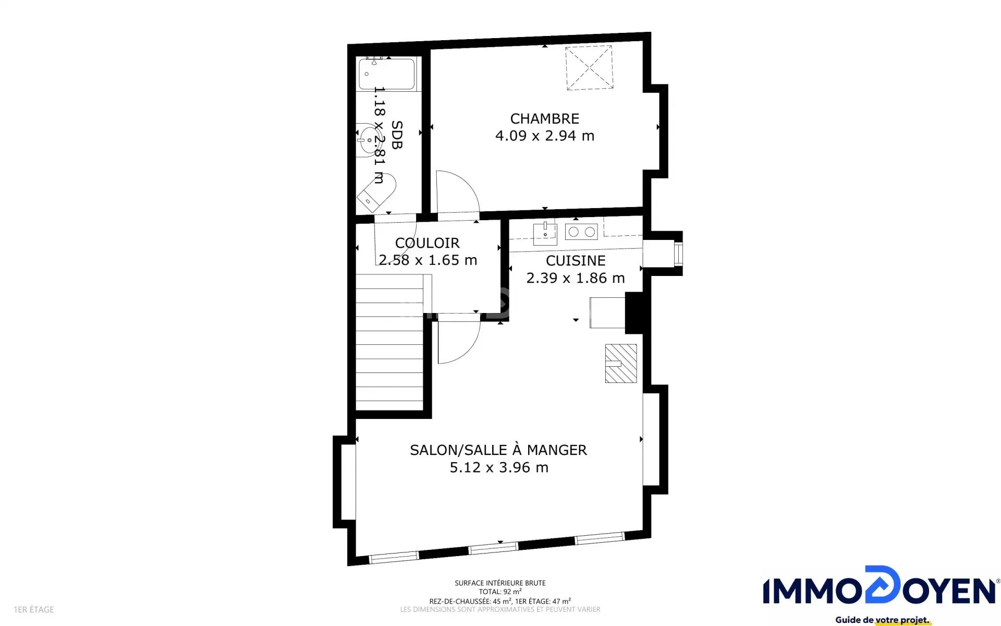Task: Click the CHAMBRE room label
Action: [544, 119]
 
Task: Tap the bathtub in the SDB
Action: [387, 74]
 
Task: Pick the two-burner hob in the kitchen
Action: [581, 232]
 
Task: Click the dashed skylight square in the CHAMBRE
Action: [589, 68]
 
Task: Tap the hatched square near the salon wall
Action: [621, 364]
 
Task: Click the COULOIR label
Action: [428, 243]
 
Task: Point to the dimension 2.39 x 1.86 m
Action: [576, 278]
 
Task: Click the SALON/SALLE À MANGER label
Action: [498, 450]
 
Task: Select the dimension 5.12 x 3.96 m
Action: [499, 467]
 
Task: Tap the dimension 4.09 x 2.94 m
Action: [545, 136]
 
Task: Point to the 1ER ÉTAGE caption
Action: [34, 609]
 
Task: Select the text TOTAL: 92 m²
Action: [500, 592]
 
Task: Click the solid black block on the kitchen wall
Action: [634, 312]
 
